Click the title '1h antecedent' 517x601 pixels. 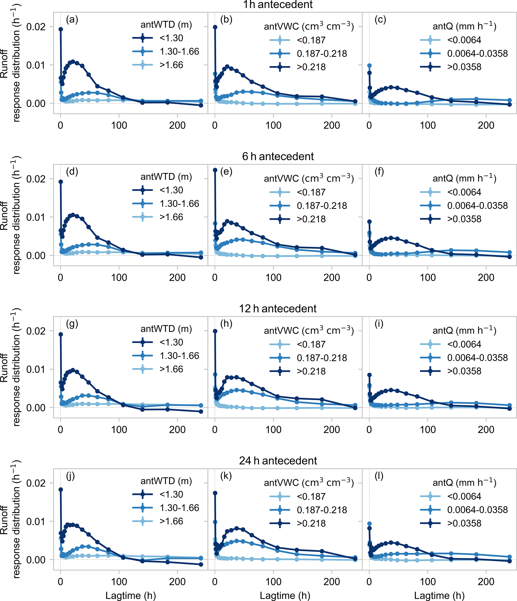click(278, 5)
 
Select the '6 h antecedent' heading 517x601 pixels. click(278, 156)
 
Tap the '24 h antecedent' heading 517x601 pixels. click(278, 461)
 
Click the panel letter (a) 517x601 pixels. click(72, 20)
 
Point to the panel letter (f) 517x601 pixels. click(379, 171)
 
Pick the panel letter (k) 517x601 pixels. click(226, 476)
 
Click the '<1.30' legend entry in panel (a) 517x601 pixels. click(171, 38)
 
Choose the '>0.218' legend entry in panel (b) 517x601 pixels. click(311, 67)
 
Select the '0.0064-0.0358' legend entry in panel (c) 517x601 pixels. click(477, 53)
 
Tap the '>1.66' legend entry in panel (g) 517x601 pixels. click(171, 369)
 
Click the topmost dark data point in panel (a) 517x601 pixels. click(61, 29)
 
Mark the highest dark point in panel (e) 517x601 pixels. click(215, 170)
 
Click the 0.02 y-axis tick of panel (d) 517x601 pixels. click(36, 179)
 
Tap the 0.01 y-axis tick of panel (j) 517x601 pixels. click(36, 521)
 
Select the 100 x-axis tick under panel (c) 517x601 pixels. click(427, 125)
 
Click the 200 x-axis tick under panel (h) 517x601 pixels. click(331, 430)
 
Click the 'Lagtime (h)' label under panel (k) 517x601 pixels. click(285, 595)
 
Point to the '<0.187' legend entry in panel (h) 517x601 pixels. click(311, 344)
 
